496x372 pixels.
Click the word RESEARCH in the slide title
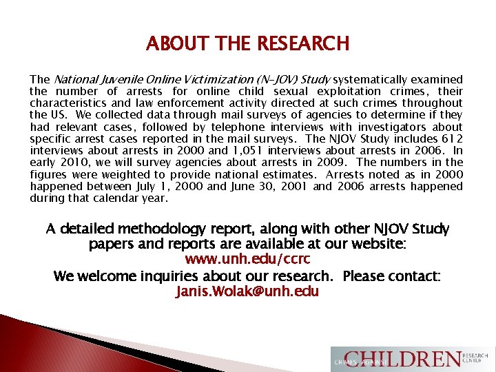(x=303, y=44)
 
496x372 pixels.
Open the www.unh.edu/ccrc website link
(x=247, y=260)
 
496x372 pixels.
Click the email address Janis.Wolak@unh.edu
(x=247, y=291)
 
